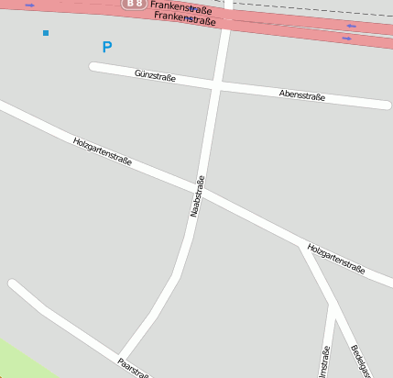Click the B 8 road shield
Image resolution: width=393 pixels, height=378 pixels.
click(x=134, y=5)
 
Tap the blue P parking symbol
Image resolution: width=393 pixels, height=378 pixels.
click(x=107, y=47)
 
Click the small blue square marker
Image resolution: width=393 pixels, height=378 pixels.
click(x=46, y=33)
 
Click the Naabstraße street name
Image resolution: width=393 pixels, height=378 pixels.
click(x=196, y=195)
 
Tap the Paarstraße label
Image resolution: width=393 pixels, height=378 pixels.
click(x=133, y=365)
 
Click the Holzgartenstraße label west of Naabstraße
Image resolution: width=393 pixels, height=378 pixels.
click(x=102, y=151)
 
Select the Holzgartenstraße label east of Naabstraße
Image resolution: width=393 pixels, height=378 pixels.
click(x=336, y=259)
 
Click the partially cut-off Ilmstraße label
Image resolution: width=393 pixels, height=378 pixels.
click(x=324, y=361)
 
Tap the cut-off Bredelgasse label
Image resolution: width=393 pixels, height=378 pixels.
click(x=359, y=361)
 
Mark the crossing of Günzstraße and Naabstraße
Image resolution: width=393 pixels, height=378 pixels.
click(x=215, y=84)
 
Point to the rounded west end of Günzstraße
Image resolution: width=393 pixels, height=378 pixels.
click(x=93, y=66)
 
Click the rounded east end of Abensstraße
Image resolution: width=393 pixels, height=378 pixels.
click(x=388, y=105)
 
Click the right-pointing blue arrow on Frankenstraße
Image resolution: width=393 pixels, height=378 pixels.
click(x=29, y=6)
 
